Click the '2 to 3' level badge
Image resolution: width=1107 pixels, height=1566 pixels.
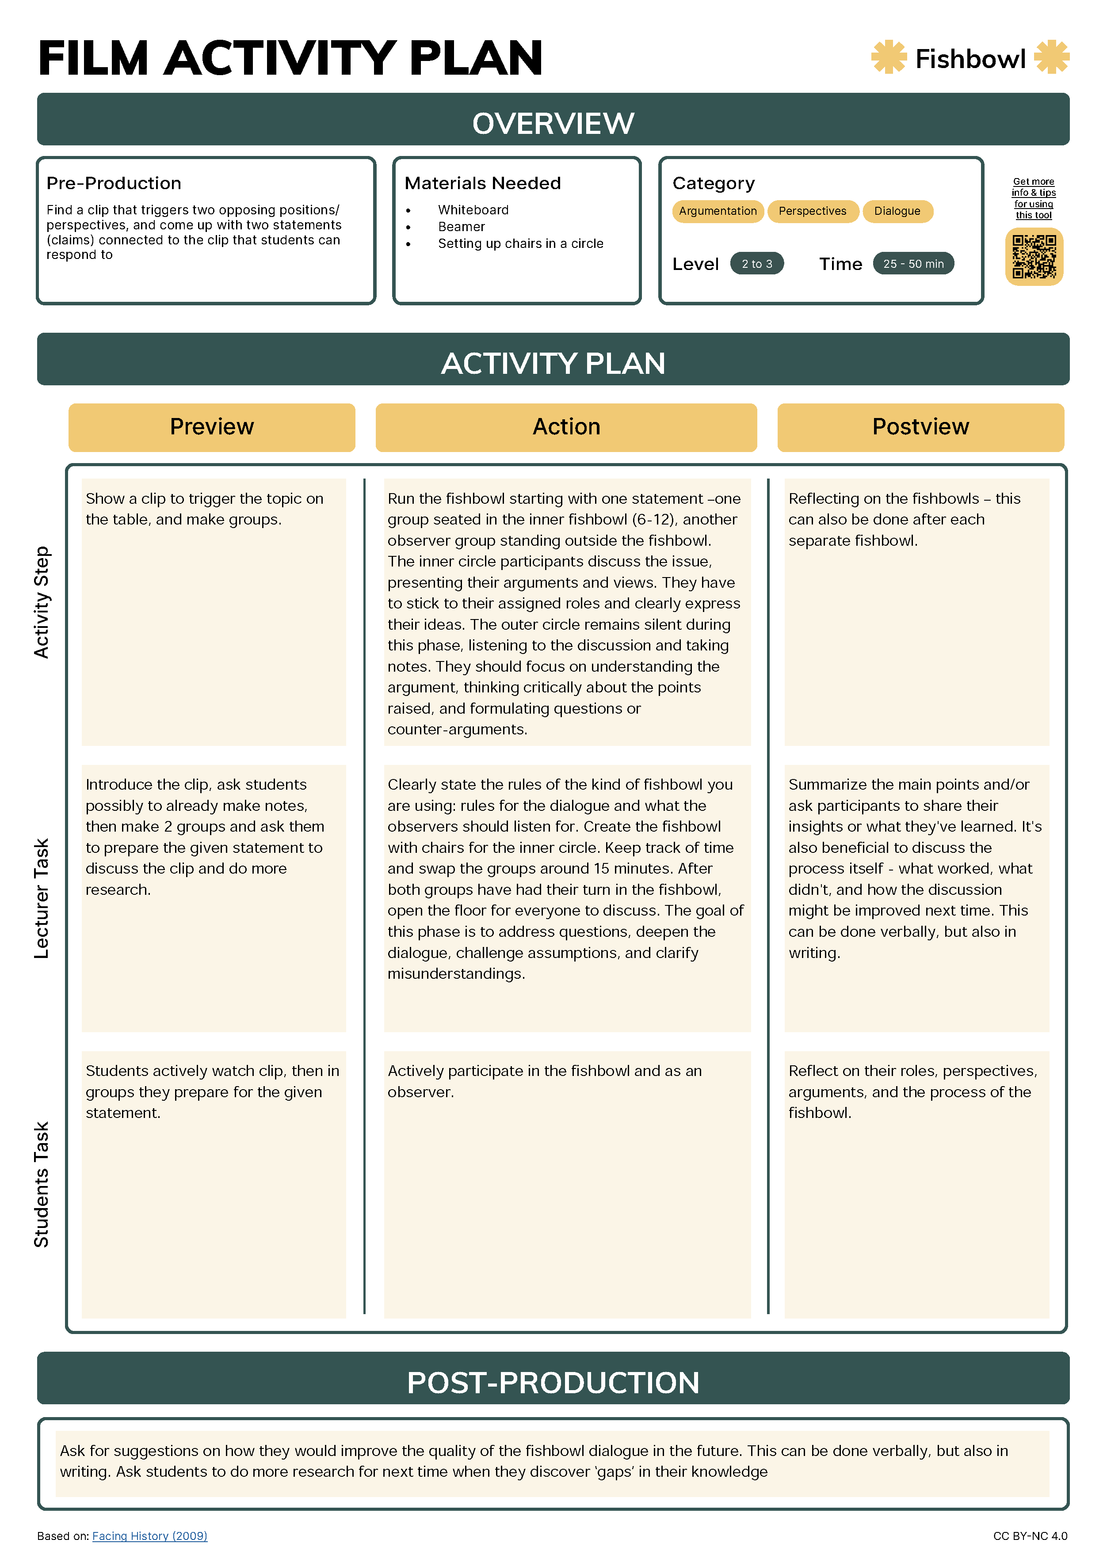point(756,263)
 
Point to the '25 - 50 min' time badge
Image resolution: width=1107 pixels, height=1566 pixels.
point(913,263)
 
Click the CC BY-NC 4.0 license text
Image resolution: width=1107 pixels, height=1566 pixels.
point(1030,1536)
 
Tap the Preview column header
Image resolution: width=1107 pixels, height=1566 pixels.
point(212,427)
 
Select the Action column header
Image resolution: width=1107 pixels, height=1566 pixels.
point(566,427)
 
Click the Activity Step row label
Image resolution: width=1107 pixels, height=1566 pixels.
point(42,602)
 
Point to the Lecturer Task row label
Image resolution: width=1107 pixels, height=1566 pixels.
point(42,898)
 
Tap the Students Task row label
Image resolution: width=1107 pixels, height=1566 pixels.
point(42,1184)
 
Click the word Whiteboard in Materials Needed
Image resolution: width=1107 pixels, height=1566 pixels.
point(473,210)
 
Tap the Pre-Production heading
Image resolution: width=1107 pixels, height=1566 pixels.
point(114,183)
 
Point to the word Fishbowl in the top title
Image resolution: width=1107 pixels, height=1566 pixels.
point(970,59)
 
